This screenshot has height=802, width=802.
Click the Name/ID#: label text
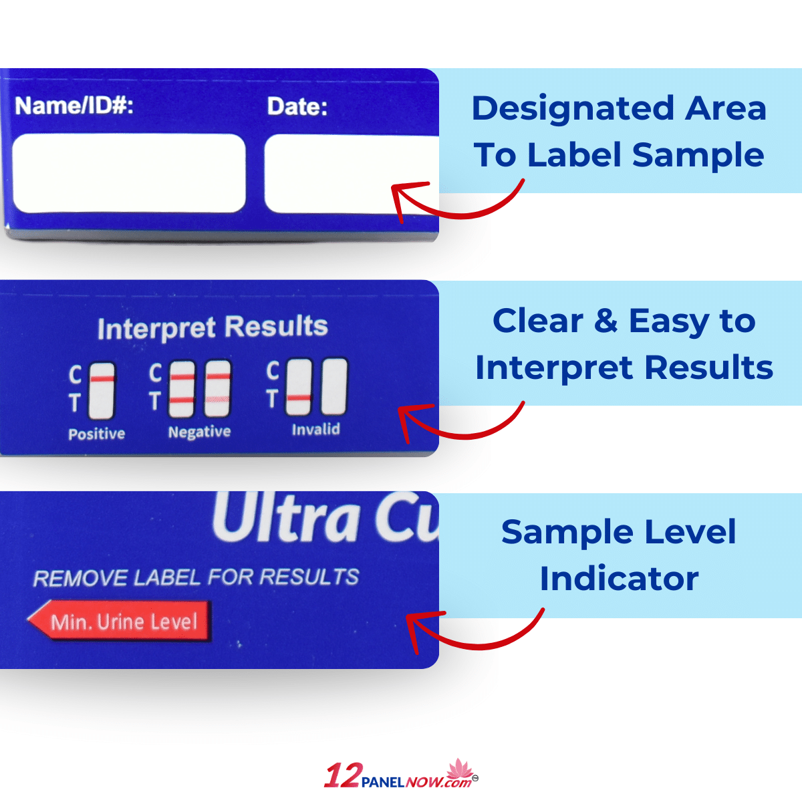coord(74,106)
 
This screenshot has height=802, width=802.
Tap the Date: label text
coord(297,106)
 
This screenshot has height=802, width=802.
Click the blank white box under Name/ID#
coord(129,173)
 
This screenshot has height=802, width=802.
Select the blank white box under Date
coord(352,174)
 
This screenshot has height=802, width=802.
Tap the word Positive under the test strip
coord(96,434)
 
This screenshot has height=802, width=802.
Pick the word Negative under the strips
coord(199,432)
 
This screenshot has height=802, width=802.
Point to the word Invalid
coord(316,429)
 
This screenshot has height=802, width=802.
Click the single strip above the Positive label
coord(102,391)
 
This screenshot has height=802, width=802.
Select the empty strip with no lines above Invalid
coord(334,387)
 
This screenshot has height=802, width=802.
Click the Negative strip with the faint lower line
coord(217,389)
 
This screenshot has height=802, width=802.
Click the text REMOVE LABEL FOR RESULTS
coord(196,577)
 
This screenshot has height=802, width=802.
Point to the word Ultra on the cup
coord(285,518)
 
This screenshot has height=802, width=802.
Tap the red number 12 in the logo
coord(342,775)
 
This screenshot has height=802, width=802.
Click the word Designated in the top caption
coord(573,109)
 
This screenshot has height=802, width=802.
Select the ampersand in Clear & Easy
coord(606,321)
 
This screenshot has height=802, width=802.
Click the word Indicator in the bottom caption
coord(619,579)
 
